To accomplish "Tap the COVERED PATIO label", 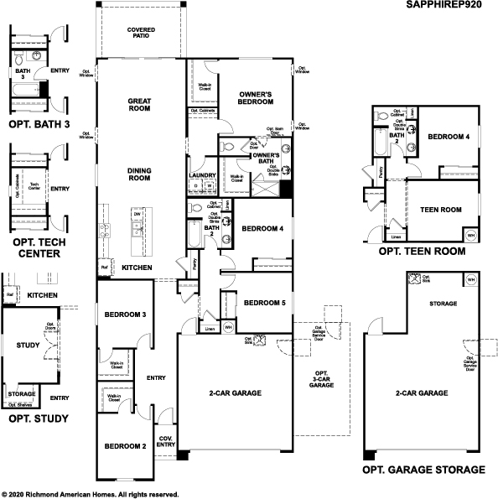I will point(140,33).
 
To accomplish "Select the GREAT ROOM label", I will point(139,104).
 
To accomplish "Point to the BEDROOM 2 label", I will point(126,446).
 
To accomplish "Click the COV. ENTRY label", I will point(165,441).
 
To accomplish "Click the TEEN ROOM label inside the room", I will point(440,210).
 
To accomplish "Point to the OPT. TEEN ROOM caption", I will point(421,251).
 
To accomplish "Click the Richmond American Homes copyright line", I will point(90,494).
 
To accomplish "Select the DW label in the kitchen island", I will point(136,215).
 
